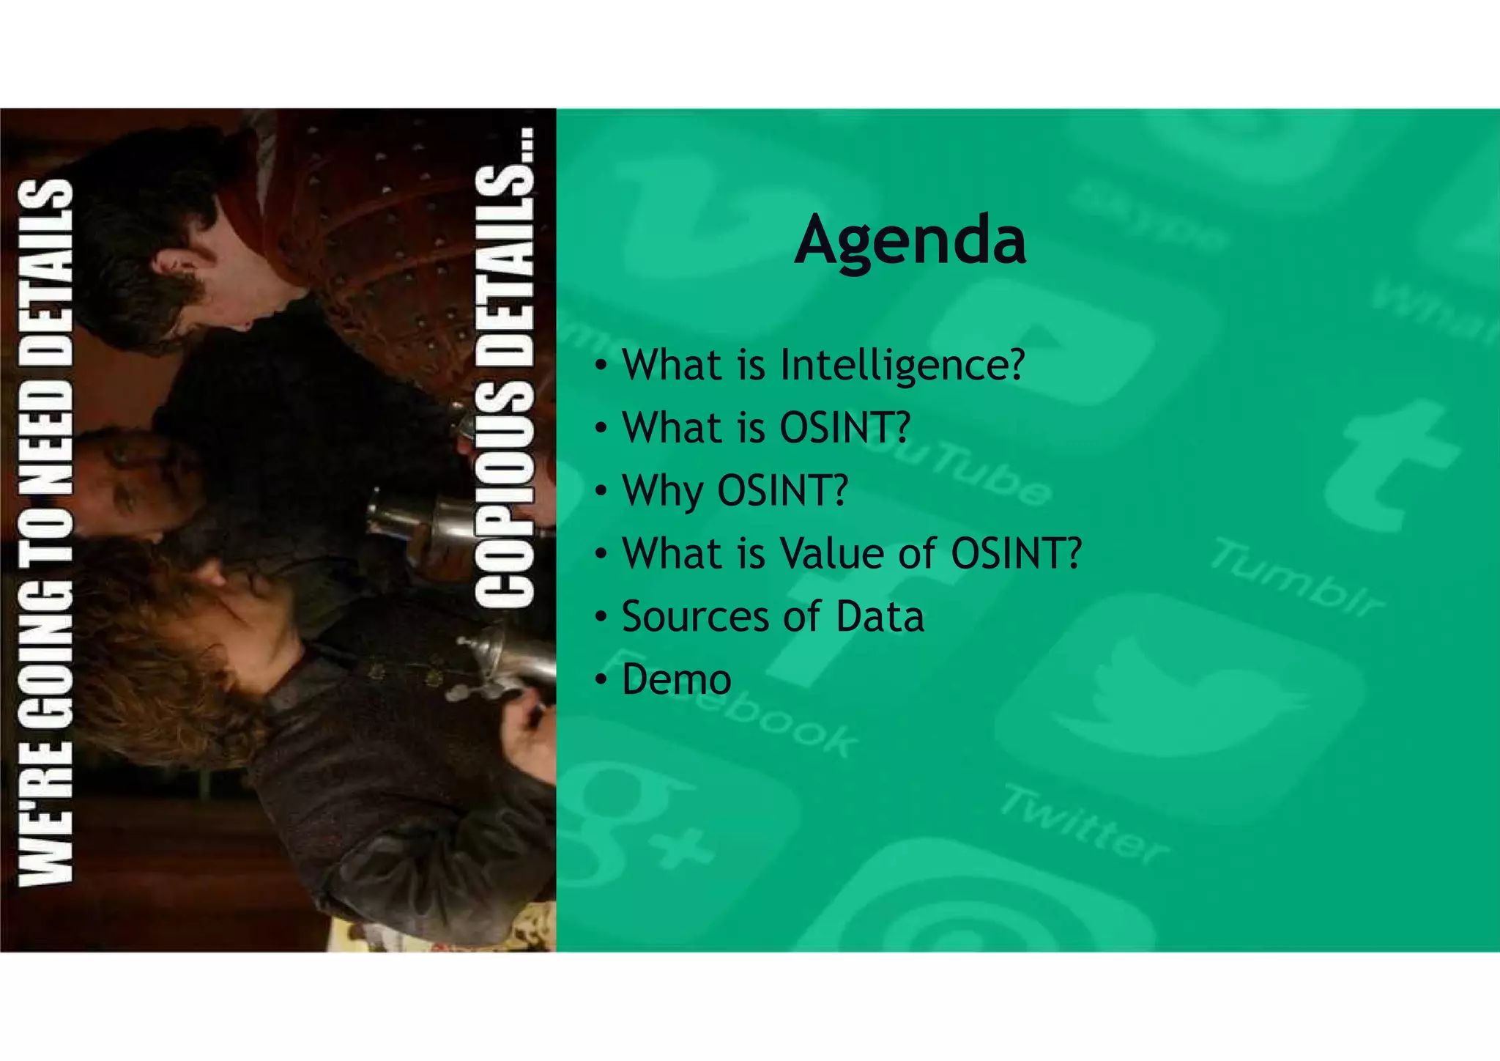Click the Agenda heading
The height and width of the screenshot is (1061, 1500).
pos(910,241)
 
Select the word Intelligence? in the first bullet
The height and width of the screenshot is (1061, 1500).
pos(902,364)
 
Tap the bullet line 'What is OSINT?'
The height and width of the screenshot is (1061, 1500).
pos(765,427)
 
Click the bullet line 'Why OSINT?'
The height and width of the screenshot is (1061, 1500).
pos(735,490)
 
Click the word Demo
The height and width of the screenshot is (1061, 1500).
pos(676,679)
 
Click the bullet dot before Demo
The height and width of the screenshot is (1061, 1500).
pos(601,679)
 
